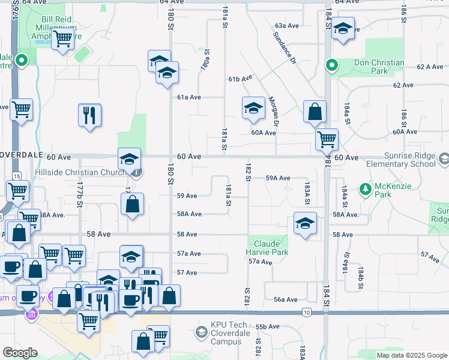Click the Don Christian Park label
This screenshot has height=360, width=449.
click(x=370, y=67)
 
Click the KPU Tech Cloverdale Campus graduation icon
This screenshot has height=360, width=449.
click(x=202, y=332)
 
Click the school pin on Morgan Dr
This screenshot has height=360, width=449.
click(x=253, y=108)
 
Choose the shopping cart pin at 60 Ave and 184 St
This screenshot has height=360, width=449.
click(x=327, y=139)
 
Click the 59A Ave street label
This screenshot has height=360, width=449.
click(x=278, y=178)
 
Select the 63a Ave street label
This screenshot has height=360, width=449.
click(x=287, y=26)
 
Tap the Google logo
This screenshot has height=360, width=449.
click(x=20, y=353)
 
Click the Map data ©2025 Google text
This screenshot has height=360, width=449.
click(x=411, y=355)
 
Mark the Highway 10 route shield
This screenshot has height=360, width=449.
click(x=307, y=312)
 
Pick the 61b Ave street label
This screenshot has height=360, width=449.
click(x=239, y=79)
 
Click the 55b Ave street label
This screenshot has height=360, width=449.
click(x=268, y=326)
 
